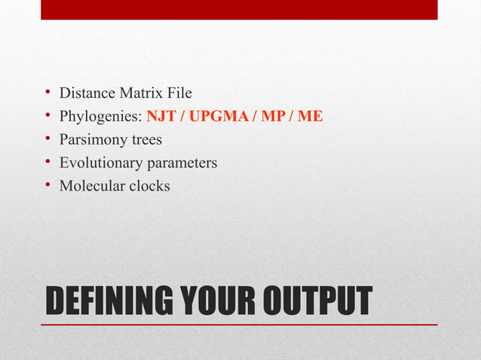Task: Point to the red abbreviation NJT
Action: pos(161,117)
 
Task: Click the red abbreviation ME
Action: pos(311,117)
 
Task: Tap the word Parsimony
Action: pos(93,140)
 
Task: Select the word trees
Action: pos(146,140)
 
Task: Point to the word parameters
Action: pos(184,163)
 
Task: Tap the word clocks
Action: pos(149,185)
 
